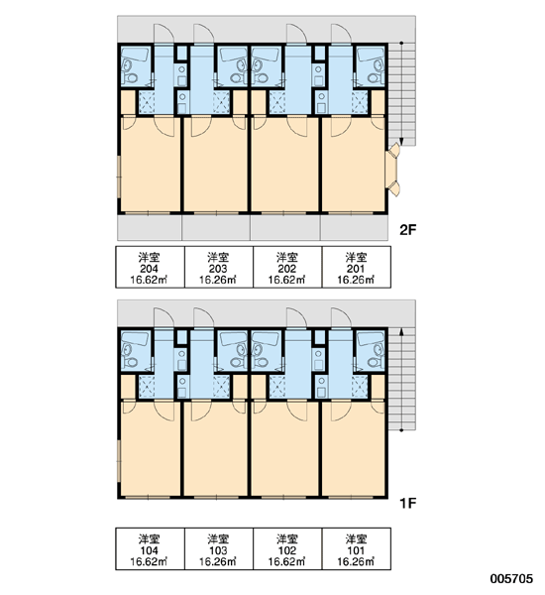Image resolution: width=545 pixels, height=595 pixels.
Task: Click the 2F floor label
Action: [408, 230]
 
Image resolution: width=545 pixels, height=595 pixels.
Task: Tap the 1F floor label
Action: [408, 503]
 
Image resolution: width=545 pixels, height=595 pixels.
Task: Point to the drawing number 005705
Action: [511, 579]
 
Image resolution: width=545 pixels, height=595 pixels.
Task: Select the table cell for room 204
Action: [151, 267]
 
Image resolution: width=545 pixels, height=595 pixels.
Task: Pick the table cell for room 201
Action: [357, 267]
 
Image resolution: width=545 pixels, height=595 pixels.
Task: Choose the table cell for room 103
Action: [219, 548]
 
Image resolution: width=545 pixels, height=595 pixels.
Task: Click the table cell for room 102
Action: [288, 548]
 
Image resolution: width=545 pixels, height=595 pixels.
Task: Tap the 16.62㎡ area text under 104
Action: [149, 561]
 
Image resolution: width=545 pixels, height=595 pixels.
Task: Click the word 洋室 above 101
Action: [356, 538]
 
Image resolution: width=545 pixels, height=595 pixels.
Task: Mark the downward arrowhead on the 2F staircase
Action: [401, 142]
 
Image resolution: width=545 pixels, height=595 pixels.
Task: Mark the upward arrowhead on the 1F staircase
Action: [401, 332]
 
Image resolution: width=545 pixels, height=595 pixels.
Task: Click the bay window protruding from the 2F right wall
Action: [392, 170]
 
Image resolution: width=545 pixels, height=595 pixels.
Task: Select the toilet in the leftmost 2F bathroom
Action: [131, 78]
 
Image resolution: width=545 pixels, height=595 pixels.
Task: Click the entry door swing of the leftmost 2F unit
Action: [163, 34]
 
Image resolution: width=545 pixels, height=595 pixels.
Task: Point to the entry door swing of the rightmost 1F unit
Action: [341, 317]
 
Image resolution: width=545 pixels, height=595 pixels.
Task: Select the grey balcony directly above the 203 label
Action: [216, 228]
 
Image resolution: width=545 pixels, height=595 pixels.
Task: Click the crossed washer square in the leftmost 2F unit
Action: [146, 102]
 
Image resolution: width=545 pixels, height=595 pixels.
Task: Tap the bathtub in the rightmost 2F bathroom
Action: [371, 55]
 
